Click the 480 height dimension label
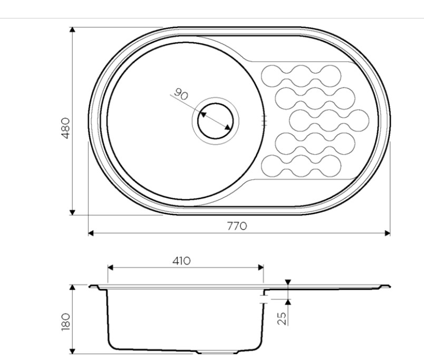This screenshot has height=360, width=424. (x=66, y=128)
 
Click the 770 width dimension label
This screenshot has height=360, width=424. (x=237, y=226)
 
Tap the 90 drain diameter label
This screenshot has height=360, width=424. (x=181, y=94)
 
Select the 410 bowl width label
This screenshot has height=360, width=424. (x=181, y=261)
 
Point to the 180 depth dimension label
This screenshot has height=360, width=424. (x=66, y=322)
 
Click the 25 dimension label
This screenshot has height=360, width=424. (x=282, y=318)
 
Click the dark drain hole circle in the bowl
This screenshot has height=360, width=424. (x=216, y=121)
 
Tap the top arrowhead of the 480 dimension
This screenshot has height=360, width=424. (x=72, y=30)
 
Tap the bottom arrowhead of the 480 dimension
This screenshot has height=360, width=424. (x=72, y=213)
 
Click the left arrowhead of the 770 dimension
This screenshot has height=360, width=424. (x=91, y=233)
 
